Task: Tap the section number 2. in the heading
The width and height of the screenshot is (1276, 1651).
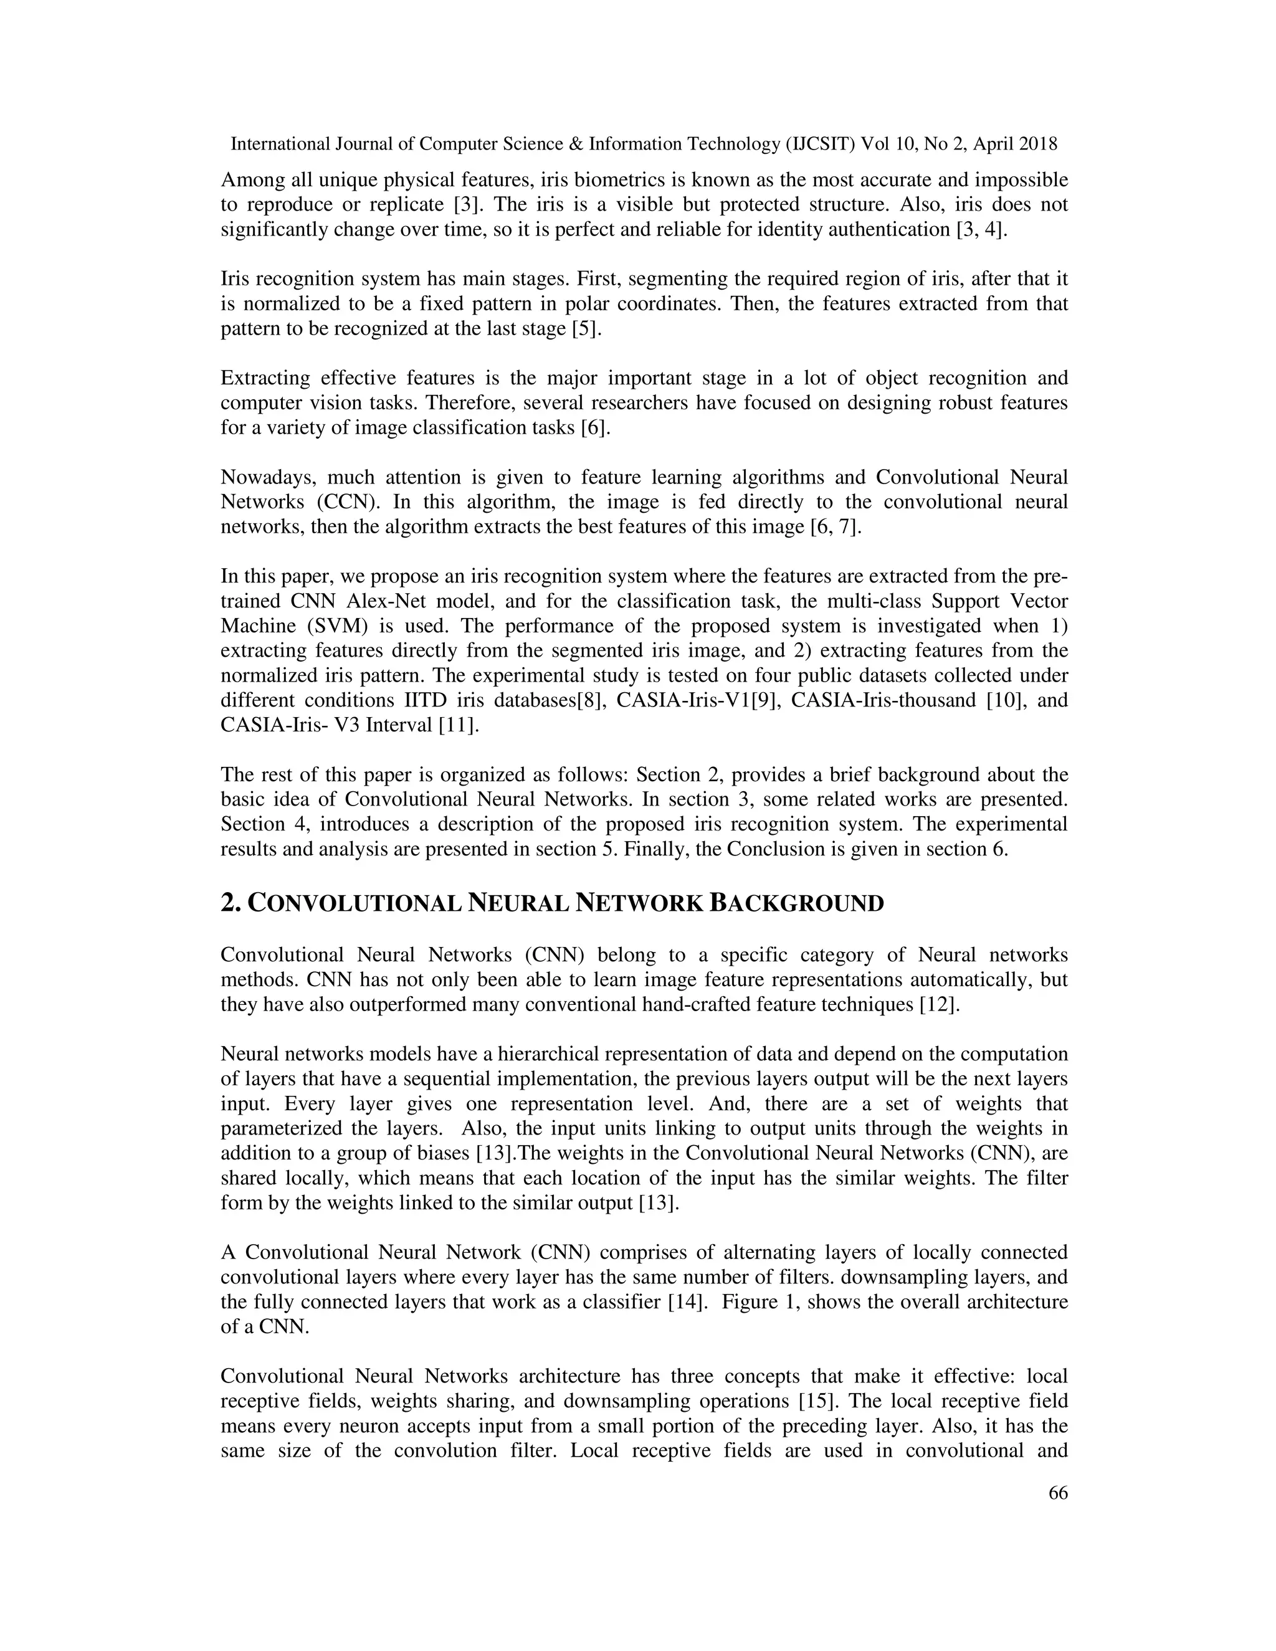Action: (231, 903)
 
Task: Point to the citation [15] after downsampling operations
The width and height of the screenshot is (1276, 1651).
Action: (816, 1401)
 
